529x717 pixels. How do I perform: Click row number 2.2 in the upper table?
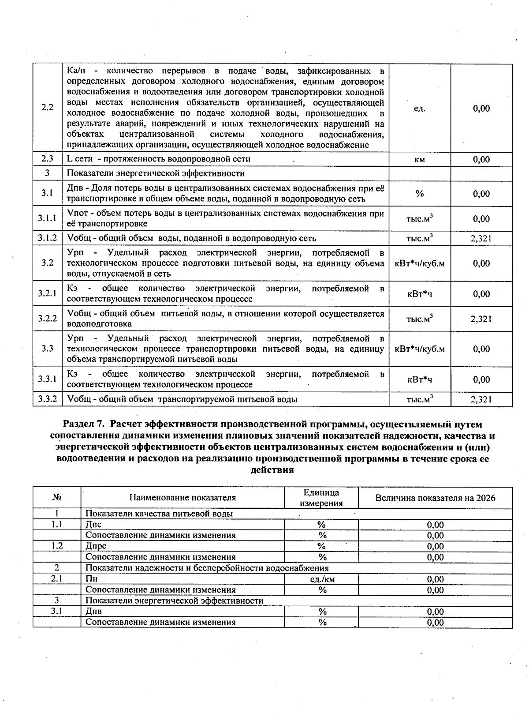coord(47,108)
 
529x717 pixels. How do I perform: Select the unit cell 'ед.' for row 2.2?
coord(420,109)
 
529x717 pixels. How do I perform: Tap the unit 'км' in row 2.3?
coord(420,160)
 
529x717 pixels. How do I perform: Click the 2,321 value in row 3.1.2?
coord(481,239)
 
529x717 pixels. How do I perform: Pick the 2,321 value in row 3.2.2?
coord(481,319)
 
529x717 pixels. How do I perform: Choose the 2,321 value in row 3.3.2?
coord(481,400)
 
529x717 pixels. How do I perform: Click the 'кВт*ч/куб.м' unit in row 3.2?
coord(420,264)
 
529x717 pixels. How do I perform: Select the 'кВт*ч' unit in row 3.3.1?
coord(420,379)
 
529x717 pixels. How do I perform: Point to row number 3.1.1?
coord(47,218)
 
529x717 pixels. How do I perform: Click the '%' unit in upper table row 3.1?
coord(420,194)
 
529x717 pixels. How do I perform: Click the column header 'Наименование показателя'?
coord(183,498)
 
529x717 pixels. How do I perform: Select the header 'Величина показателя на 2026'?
coord(435,498)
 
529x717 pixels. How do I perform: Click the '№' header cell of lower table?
coord(56,498)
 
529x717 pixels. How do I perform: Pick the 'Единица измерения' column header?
coord(321,498)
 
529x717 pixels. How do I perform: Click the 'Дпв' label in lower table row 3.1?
coord(93,612)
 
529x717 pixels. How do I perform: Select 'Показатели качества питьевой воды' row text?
coord(159,514)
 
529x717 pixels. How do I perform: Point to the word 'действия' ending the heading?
coord(272,470)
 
